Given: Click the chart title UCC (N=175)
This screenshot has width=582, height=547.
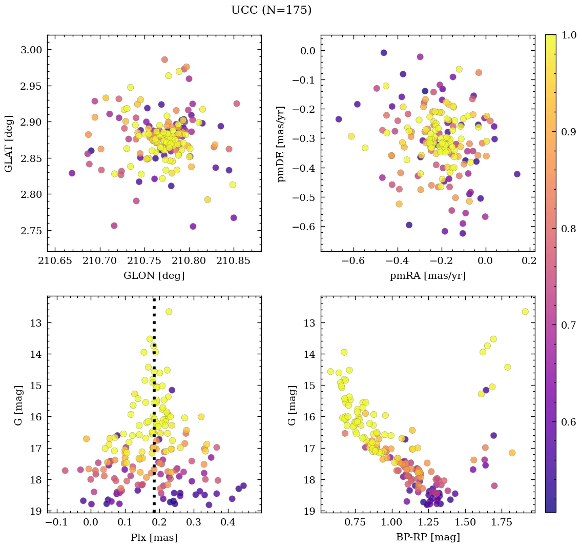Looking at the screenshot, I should click(x=271, y=10).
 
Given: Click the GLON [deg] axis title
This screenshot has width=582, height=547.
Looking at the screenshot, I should click(x=154, y=276).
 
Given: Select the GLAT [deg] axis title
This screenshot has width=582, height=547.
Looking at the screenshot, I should click(x=9, y=143).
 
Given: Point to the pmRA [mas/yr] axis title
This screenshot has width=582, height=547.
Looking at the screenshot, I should click(x=428, y=276).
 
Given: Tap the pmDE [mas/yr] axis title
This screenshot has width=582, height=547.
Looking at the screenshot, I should click(x=281, y=143).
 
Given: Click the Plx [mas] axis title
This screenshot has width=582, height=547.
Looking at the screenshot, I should click(x=154, y=537).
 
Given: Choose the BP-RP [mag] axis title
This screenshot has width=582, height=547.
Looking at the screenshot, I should click(x=428, y=537).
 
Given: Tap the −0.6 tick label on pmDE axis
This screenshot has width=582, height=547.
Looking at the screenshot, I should click(x=302, y=227).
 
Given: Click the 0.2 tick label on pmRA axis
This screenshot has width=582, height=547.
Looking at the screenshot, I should click(x=529, y=261).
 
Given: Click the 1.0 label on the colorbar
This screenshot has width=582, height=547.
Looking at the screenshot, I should click(x=569, y=35).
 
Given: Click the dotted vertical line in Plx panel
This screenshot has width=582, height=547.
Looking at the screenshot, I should click(x=154, y=410).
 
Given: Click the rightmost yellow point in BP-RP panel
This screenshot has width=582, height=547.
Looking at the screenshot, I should click(x=525, y=312).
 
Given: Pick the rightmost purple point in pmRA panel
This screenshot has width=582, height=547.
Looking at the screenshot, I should click(x=517, y=174).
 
